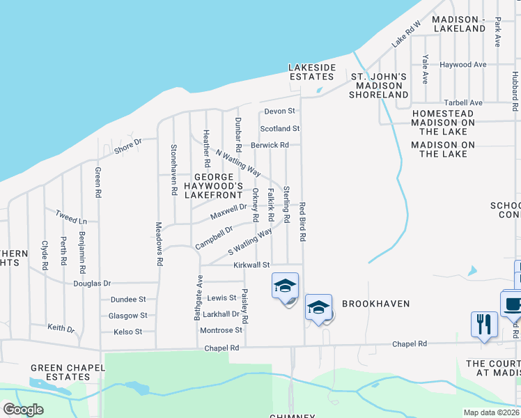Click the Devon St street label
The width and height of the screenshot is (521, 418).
[x=280, y=111]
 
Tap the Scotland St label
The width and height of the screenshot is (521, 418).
[x=280, y=129]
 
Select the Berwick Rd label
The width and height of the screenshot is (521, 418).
[x=270, y=145]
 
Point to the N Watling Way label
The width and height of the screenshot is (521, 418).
[x=238, y=162]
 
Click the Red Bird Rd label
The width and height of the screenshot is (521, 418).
[x=303, y=222]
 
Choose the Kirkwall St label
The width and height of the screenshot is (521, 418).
[x=251, y=265]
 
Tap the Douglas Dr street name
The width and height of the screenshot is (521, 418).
[x=92, y=284]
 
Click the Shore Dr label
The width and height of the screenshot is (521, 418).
[x=127, y=146]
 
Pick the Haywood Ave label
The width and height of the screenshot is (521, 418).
[x=462, y=65]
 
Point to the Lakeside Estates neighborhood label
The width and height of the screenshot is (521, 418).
[x=313, y=72]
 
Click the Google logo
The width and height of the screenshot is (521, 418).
[x=23, y=410]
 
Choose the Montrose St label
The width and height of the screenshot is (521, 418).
[x=220, y=330]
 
